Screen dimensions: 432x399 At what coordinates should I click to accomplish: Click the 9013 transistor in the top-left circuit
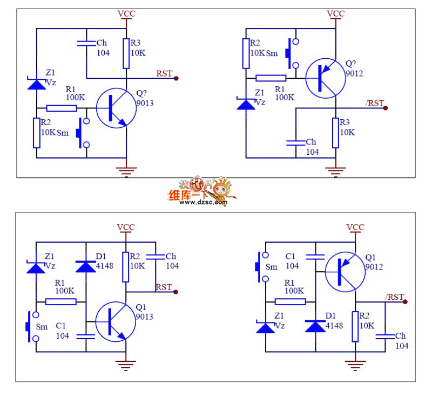pyautogui.click(x=116, y=108)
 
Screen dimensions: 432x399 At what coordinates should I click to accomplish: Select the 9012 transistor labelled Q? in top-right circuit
pyautogui.click(x=326, y=78)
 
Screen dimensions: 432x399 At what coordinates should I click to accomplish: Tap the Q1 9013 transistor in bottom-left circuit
pyautogui.click(x=116, y=321)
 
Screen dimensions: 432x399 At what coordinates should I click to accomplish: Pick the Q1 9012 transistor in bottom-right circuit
pyautogui.click(x=345, y=272)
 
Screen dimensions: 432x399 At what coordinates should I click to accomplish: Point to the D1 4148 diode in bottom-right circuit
pyautogui.click(x=315, y=326)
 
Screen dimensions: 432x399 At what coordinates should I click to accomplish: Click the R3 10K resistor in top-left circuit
pyautogui.click(x=126, y=53)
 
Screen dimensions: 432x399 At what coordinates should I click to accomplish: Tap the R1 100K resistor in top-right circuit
pyautogui.click(x=271, y=78)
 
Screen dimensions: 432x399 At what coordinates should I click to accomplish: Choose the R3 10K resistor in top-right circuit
pyautogui.click(x=335, y=133)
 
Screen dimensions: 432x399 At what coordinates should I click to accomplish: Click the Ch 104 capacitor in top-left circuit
pyautogui.click(x=86, y=43)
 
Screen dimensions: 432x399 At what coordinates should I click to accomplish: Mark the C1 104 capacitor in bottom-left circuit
pyautogui.click(x=86, y=336)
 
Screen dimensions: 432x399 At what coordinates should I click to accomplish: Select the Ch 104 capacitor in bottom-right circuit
pyautogui.click(x=385, y=336)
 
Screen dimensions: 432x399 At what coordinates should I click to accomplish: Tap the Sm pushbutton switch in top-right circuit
pyautogui.click(x=292, y=53)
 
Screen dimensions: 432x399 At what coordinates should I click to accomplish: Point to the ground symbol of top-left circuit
pyautogui.click(x=126, y=171)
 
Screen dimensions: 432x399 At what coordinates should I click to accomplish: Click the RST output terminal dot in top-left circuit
pyautogui.click(x=177, y=78)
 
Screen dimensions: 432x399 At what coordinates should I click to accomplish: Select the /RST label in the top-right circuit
pyautogui.click(x=375, y=103)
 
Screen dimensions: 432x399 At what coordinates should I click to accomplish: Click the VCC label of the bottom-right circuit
pyautogui.click(x=355, y=228)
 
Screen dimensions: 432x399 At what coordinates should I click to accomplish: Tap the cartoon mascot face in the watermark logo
pyautogui.click(x=222, y=189)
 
